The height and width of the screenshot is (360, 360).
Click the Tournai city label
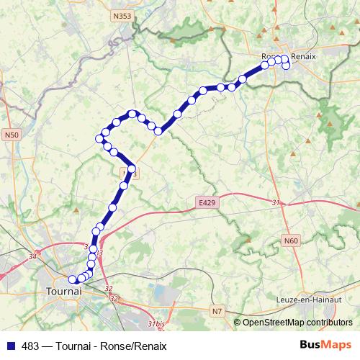64,292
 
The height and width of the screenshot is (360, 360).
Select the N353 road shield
123,14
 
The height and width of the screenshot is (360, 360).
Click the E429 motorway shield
207,204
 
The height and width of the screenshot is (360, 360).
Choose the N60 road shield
291,240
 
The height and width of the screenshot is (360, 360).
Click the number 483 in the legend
31,344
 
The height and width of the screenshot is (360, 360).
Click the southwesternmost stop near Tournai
72,279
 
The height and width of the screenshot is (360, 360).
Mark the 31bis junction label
156,325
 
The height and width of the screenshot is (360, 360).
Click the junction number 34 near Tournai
32,256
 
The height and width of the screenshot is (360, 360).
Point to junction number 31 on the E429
275,204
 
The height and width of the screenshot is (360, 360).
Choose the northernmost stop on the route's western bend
132,113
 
